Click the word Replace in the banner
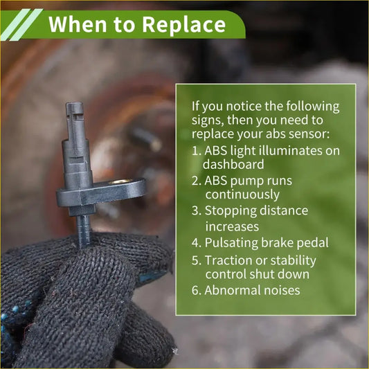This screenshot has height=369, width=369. pyautogui.click(x=184, y=25)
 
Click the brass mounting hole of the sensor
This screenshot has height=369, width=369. pyautogui.click(x=120, y=181)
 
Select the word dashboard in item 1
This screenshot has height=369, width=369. pyautogui.click(x=233, y=164)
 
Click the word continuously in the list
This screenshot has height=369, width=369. pyautogui.click(x=242, y=195)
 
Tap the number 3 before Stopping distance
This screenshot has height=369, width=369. pyautogui.click(x=195, y=210)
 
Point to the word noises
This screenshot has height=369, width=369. pyautogui.click(x=282, y=291)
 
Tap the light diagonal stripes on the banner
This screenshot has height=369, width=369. pyautogui.click(x=22, y=24)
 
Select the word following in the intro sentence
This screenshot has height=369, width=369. pyautogui.click(x=312, y=107)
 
